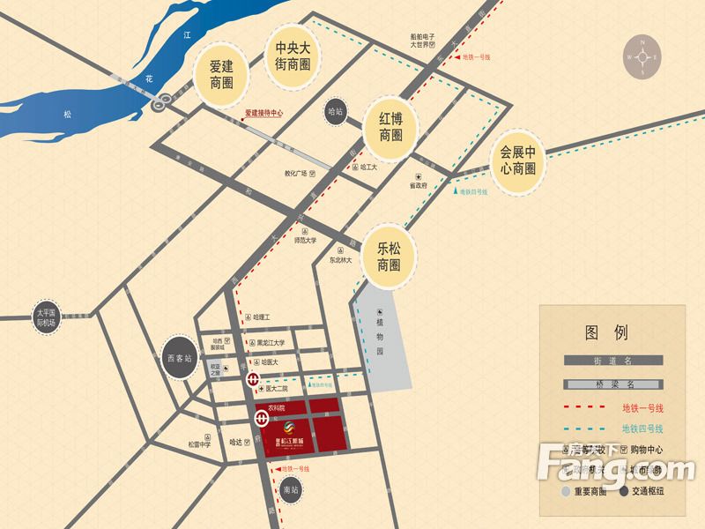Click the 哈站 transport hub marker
coord(334,112)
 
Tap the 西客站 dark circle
coord(179,359)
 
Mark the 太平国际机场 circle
coord(45,318)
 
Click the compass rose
coord(643,57)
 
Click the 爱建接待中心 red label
coord(263,114)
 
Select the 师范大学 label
coord(305,239)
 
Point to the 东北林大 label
coord(341,261)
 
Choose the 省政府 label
coord(417,186)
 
